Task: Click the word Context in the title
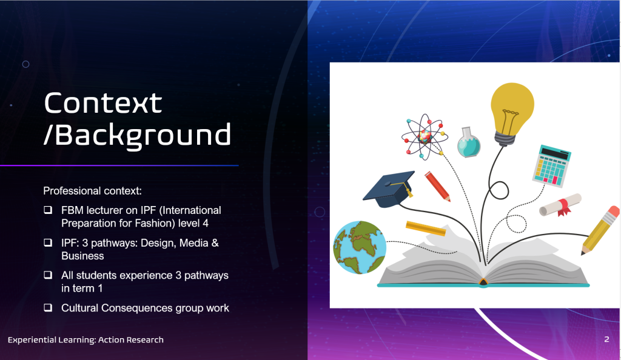pos(103,103)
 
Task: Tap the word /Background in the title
pos(137,135)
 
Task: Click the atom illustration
pos(425,136)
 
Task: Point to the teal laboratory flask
pos(469,142)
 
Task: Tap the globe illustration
pos(360,247)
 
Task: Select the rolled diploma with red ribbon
pos(560,205)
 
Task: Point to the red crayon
pos(438,186)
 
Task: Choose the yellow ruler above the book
pos(426,228)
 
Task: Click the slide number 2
pos(606,339)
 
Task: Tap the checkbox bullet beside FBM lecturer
pos(48,210)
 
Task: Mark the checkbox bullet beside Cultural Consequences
pos(48,307)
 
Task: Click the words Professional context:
pos(92,191)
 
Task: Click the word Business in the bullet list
pos(82,256)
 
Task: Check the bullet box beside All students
pos(48,275)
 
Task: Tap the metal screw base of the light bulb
pos(505,139)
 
